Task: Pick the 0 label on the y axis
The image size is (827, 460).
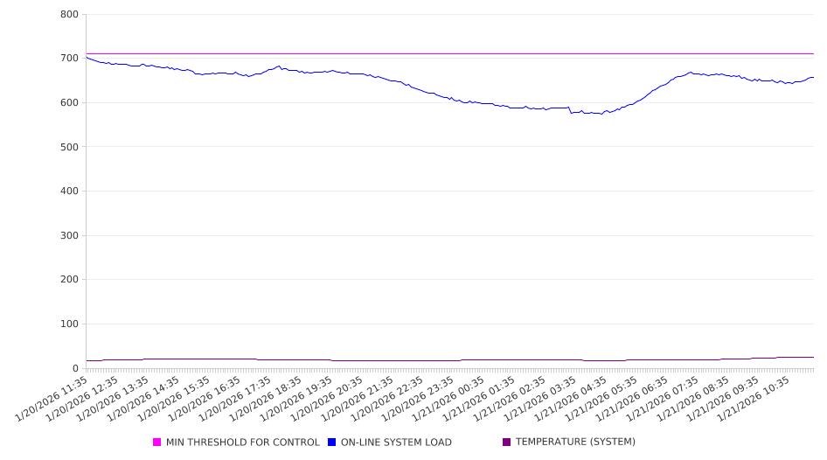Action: [x=75, y=369]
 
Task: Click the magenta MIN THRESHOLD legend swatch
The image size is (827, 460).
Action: [x=157, y=443]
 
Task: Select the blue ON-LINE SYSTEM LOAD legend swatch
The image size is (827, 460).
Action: [x=332, y=443]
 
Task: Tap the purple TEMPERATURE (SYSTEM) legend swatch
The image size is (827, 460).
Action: [x=507, y=443]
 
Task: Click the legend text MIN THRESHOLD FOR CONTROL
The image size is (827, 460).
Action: [x=242, y=443]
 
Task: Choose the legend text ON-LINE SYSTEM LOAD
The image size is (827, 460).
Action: [x=396, y=443]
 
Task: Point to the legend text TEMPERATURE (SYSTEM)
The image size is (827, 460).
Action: [x=575, y=443]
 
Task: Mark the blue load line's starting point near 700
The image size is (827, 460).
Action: [x=87, y=58]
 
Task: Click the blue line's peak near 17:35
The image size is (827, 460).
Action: [x=279, y=66]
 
